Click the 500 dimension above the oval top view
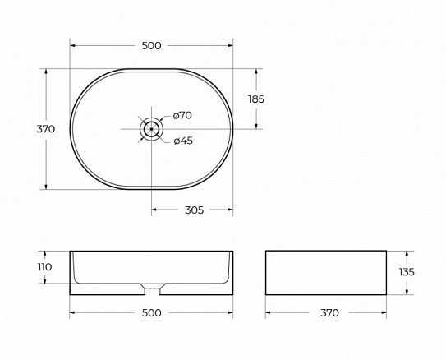(x=151, y=46)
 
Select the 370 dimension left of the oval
(x=46, y=129)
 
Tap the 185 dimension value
(x=256, y=99)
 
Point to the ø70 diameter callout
(x=182, y=116)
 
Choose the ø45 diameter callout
(x=183, y=141)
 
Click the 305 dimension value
(x=194, y=210)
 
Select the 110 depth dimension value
(x=44, y=267)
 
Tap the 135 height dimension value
(x=407, y=272)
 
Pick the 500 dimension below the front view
(x=151, y=313)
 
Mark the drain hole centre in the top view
(x=151, y=129)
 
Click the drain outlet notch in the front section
(x=151, y=288)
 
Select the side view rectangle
(x=325, y=272)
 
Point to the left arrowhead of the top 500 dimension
(x=73, y=46)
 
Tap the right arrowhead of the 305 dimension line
(x=230, y=210)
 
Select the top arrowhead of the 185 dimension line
(x=256, y=72)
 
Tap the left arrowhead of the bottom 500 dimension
(x=73, y=313)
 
